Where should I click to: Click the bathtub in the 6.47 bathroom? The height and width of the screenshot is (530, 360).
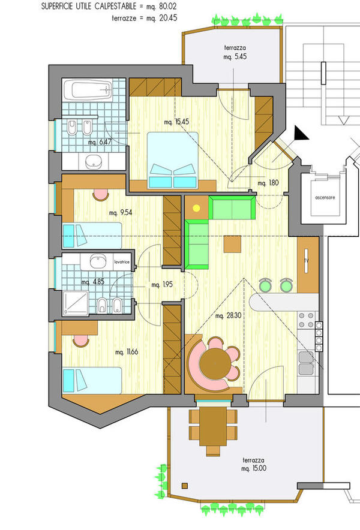click(87, 89)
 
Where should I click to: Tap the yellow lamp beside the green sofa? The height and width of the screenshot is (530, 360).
click(196, 208)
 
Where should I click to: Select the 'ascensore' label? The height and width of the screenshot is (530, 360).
click(325, 197)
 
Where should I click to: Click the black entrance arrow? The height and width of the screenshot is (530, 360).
click(301, 133)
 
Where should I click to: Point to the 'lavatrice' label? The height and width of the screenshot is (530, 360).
click(122, 261)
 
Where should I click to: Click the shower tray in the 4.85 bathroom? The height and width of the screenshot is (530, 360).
click(76, 303)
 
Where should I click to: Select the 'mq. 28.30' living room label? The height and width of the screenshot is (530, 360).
click(229, 316)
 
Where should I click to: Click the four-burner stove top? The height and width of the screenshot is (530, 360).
click(306, 320)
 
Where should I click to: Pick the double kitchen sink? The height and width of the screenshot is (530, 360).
click(307, 363)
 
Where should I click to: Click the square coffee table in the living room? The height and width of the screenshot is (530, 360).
click(232, 244)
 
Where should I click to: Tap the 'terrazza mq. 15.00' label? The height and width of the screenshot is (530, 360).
click(254, 465)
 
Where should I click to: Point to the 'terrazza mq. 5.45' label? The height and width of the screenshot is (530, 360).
click(235, 52)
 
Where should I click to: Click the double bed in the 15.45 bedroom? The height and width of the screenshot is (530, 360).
click(173, 160)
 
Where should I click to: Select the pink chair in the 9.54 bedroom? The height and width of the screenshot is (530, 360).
click(100, 195)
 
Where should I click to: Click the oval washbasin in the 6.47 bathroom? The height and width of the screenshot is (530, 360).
click(94, 161)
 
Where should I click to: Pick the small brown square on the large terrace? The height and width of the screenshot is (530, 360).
click(185, 486)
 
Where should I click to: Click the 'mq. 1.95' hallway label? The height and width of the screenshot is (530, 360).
click(162, 285)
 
